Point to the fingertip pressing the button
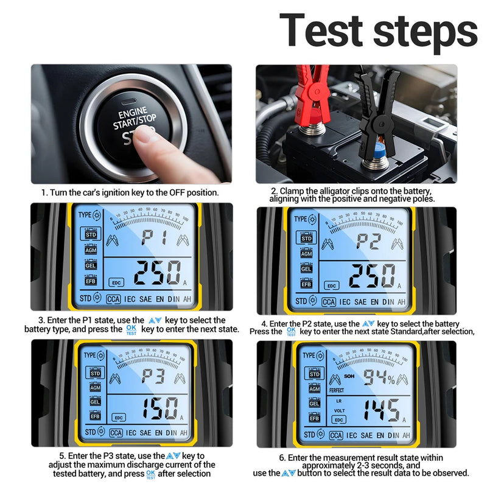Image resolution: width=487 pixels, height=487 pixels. click(x=145, y=136)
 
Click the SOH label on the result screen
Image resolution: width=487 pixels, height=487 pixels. click(x=349, y=376)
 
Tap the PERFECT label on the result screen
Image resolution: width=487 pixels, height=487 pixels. click(x=336, y=390)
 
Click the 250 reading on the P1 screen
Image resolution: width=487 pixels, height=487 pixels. click(x=156, y=273)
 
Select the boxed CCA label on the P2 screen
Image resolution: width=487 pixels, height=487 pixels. click(x=328, y=301)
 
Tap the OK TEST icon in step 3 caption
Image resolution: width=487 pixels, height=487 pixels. click(x=131, y=330)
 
